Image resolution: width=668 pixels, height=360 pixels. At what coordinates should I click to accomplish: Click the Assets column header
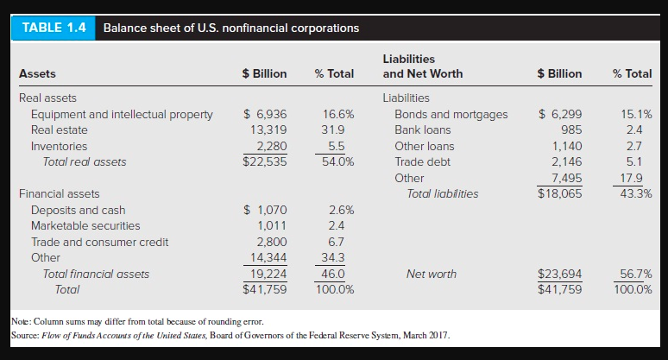point(37,73)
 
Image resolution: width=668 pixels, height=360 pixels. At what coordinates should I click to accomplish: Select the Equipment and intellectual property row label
point(121,114)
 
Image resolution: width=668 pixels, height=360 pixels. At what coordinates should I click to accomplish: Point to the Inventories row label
point(59,146)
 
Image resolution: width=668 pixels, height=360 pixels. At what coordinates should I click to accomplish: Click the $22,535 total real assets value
point(265,161)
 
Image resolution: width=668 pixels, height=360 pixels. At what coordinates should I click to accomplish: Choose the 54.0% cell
point(332,161)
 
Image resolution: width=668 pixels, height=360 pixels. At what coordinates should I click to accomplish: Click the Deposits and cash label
point(78,210)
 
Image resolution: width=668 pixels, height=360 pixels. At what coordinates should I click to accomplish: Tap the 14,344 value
point(268,257)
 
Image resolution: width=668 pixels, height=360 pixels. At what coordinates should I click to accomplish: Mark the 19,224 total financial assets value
point(268,274)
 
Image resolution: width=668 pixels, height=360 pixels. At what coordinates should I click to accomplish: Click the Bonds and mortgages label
point(451,114)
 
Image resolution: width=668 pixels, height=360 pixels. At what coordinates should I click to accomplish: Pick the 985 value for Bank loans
point(570,129)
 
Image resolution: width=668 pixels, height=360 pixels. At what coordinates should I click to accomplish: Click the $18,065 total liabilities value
point(559,194)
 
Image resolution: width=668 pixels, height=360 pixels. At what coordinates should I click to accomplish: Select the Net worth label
point(431,274)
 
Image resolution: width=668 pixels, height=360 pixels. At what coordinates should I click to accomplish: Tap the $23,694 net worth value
point(559,274)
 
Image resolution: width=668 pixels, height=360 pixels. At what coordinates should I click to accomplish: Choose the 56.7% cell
point(635,274)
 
